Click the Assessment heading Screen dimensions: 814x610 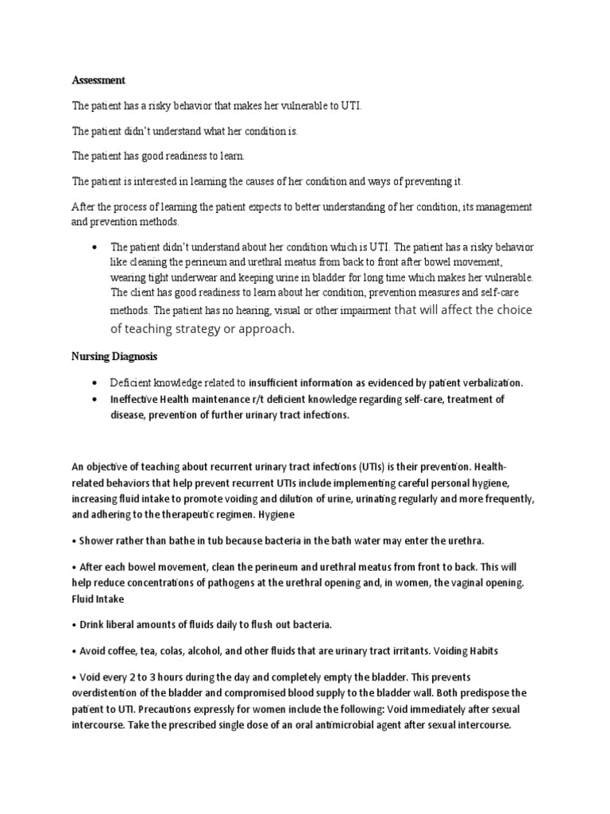coord(98,80)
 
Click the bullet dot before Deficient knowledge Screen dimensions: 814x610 coord(95,382)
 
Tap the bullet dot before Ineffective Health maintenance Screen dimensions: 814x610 coord(95,399)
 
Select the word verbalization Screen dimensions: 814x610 coord(488,382)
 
